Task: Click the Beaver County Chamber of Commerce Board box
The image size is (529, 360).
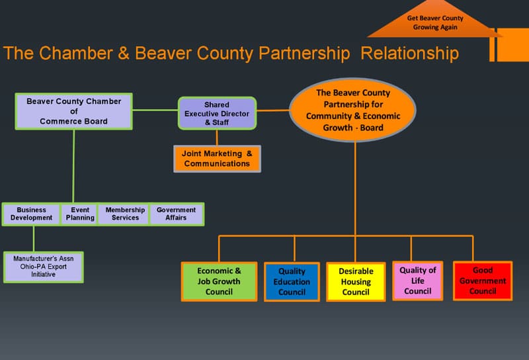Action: (x=73, y=111)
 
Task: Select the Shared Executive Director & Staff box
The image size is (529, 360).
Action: (x=216, y=113)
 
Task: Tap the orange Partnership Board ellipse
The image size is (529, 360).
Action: (x=353, y=111)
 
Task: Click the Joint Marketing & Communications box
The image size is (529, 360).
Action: (x=217, y=159)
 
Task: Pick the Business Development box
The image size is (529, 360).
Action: (x=32, y=214)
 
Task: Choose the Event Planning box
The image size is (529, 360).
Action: (x=80, y=214)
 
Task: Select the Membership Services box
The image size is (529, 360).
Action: (x=125, y=214)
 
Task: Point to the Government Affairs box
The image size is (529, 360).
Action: (x=176, y=214)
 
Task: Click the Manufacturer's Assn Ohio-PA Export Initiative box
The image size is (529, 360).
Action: (x=44, y=266)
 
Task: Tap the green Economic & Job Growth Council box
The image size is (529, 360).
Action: (x=219, y=281)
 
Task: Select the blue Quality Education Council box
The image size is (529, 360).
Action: (x=292, y=281)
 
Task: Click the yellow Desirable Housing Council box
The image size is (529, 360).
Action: (x=356, y=281)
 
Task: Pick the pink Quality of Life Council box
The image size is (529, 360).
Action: (x=417, y=281)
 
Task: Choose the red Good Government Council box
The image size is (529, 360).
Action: (x=483, y=281)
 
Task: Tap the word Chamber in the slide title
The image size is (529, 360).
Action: (x=77, y=54)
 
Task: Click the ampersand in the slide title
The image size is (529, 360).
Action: (x=124, y=54)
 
